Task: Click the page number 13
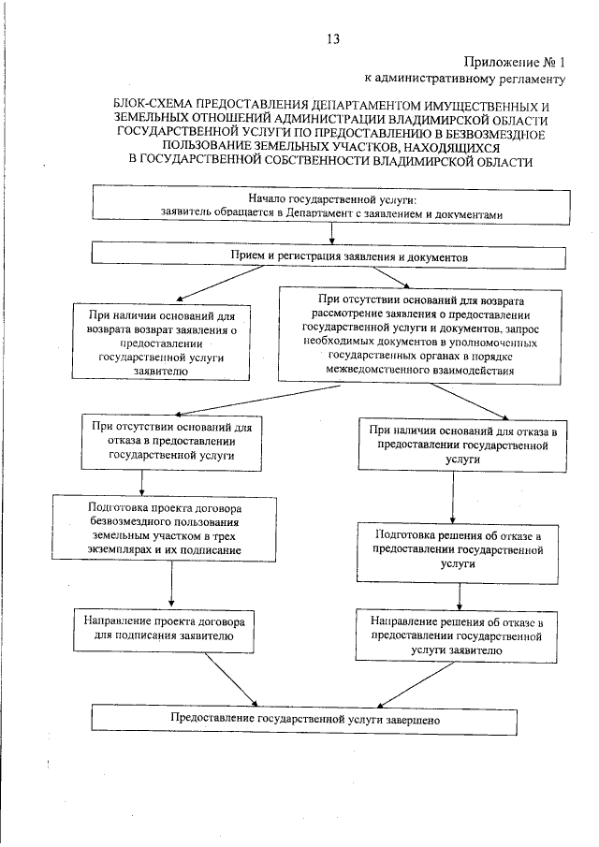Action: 333,38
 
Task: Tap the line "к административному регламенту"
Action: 465,80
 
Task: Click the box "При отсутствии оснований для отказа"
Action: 170,440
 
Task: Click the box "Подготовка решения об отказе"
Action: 459,549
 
